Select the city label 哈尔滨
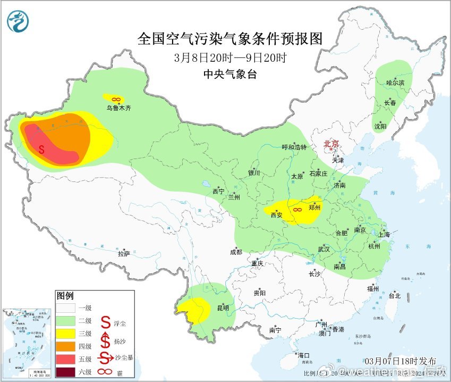coord(395,83)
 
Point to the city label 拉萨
coord(124,254)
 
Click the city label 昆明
coord(223,308)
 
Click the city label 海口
coord(303,355)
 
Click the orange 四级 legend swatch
coord(67,345)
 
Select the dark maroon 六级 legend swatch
coord(67,371)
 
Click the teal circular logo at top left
coord(18,21)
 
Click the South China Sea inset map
coord(27,342)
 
